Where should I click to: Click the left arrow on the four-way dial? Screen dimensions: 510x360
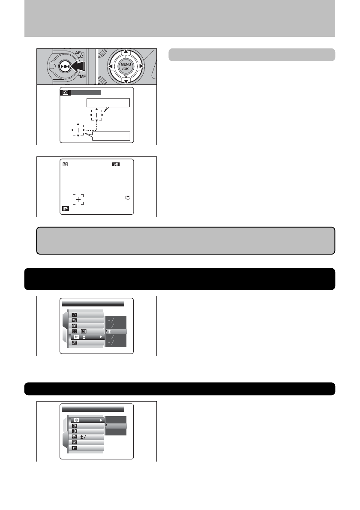[x=111, y=66]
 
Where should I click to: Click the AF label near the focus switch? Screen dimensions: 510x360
[x=78, y=53]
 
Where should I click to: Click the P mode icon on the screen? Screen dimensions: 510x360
[x=65, y=210]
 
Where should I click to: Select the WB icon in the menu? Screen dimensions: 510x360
[x=74, y=320]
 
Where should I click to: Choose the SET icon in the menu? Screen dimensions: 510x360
[x=74, y=343]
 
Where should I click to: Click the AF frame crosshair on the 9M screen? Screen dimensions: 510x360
[x=78, y=199]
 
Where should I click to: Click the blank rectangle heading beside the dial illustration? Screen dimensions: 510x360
[x=252, y=55]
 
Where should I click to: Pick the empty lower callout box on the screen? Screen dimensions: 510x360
[x=108, y=136]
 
